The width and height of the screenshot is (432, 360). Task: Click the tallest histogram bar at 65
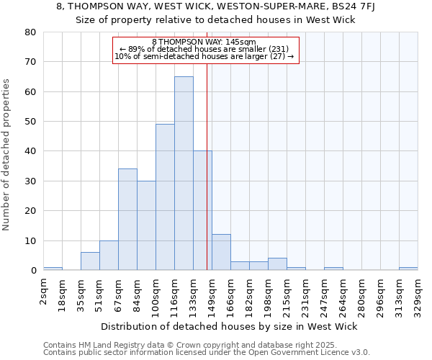(x=184, y=174)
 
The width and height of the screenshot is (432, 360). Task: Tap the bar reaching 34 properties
(x=127, y=220)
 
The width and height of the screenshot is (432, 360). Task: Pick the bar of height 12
(x=221, y=252)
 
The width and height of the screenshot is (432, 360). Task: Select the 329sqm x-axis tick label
(x=418, y=295)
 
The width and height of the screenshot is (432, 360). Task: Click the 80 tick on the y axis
(x=30, y=32)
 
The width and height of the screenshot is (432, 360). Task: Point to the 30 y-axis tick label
(x=30, y=181)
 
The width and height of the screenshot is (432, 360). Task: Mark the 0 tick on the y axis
(x=32, y=271)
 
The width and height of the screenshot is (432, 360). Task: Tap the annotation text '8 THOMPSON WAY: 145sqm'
(x=204, y=42)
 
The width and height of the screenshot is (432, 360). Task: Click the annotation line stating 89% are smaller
(x=204, y=49)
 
